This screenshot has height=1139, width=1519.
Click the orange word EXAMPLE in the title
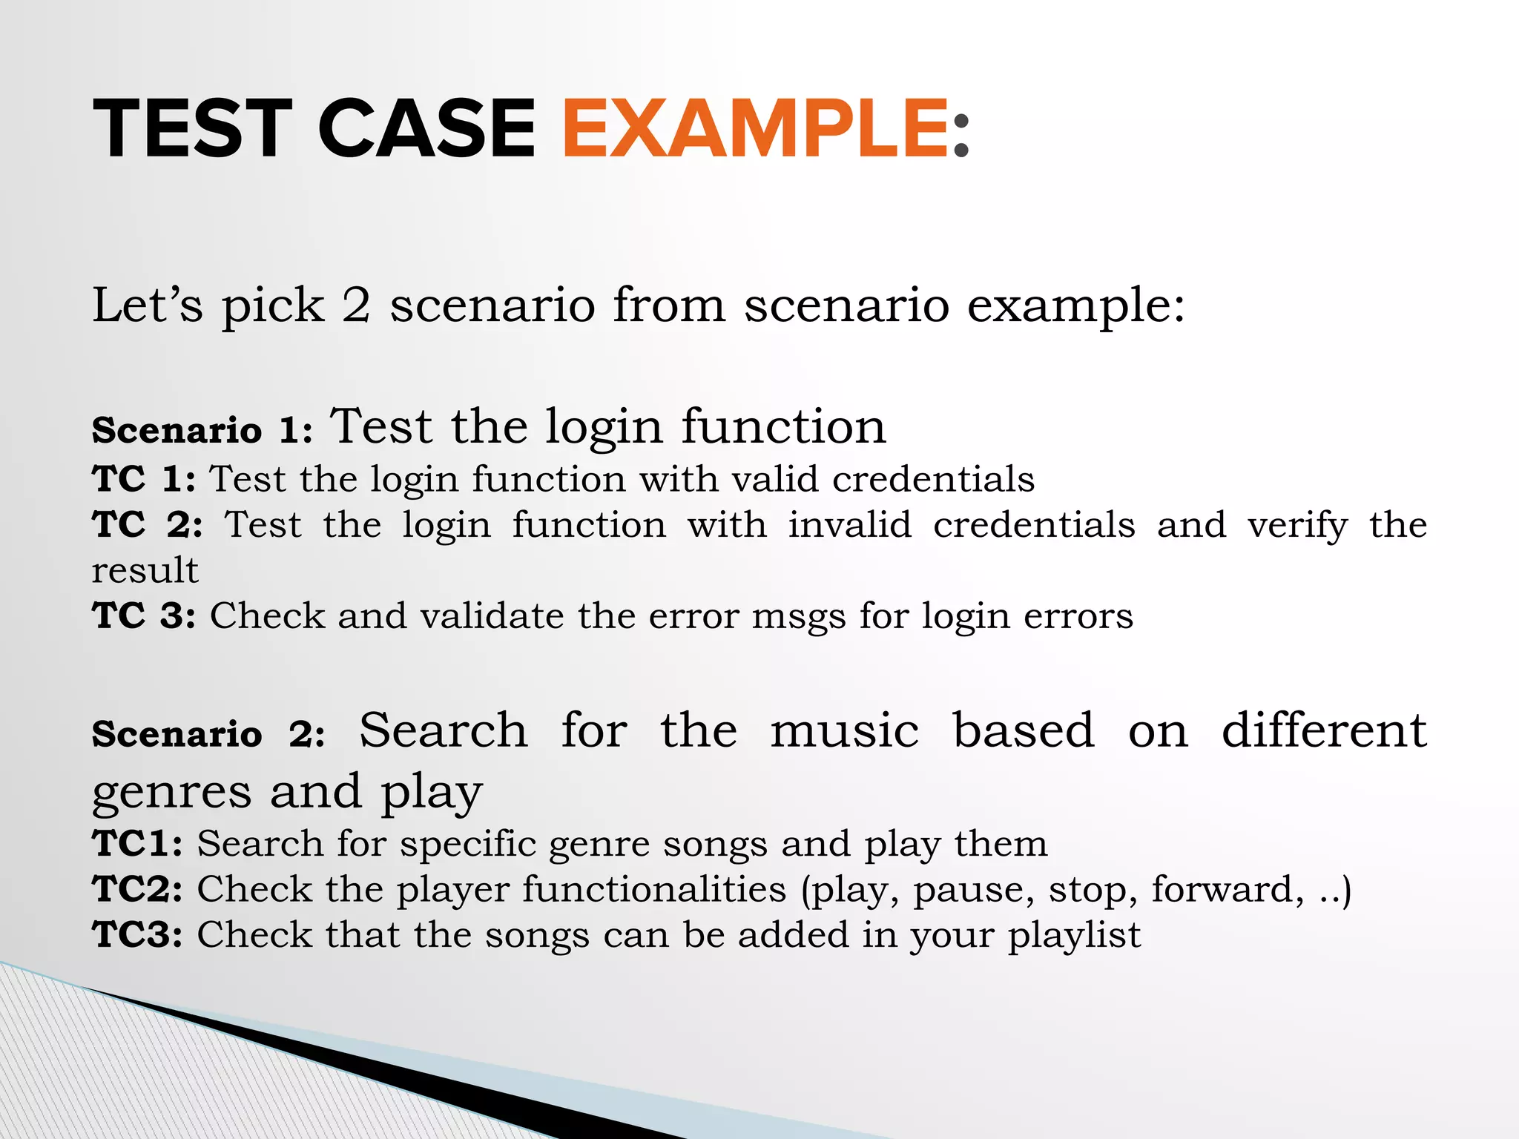[754, 129]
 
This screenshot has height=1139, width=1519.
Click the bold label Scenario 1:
[202, 430]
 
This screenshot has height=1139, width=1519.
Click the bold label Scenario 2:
[208, 734]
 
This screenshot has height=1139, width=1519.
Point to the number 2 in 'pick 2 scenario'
[356, 305]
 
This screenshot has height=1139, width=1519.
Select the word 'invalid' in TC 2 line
[849, 525]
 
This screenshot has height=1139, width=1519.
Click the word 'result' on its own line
[145, 571]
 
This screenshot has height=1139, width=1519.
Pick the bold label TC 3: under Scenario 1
[144, 615]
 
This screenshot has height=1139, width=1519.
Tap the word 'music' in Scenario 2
[845, 730]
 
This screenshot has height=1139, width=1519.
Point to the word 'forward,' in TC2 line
[1227, 889]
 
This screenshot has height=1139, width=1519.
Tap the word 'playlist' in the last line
[1073, 935]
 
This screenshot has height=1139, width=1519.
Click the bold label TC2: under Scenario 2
[138, 889]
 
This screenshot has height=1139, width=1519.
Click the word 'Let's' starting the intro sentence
[147, 305]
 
